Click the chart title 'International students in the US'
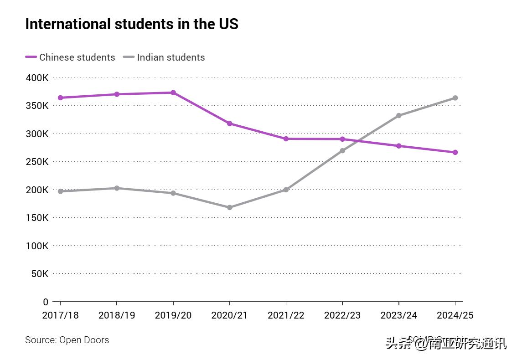[132, 24]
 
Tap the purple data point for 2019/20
[173, 93]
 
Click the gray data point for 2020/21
[229, 207]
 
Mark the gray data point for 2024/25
[455, 98]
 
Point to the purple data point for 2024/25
[455, 152]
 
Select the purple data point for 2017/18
[60, 98]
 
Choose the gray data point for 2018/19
[117, 188]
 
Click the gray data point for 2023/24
[398, 115]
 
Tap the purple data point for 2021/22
[286, 139]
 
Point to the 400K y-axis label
[37, 77]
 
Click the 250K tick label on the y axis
[37, 162]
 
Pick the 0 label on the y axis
[45, 302]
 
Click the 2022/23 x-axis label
[342, 315]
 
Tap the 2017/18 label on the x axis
[60, 315]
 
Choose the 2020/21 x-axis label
[229, 315]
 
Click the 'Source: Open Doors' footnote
[67, 340]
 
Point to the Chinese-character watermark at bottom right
[446, 343]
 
